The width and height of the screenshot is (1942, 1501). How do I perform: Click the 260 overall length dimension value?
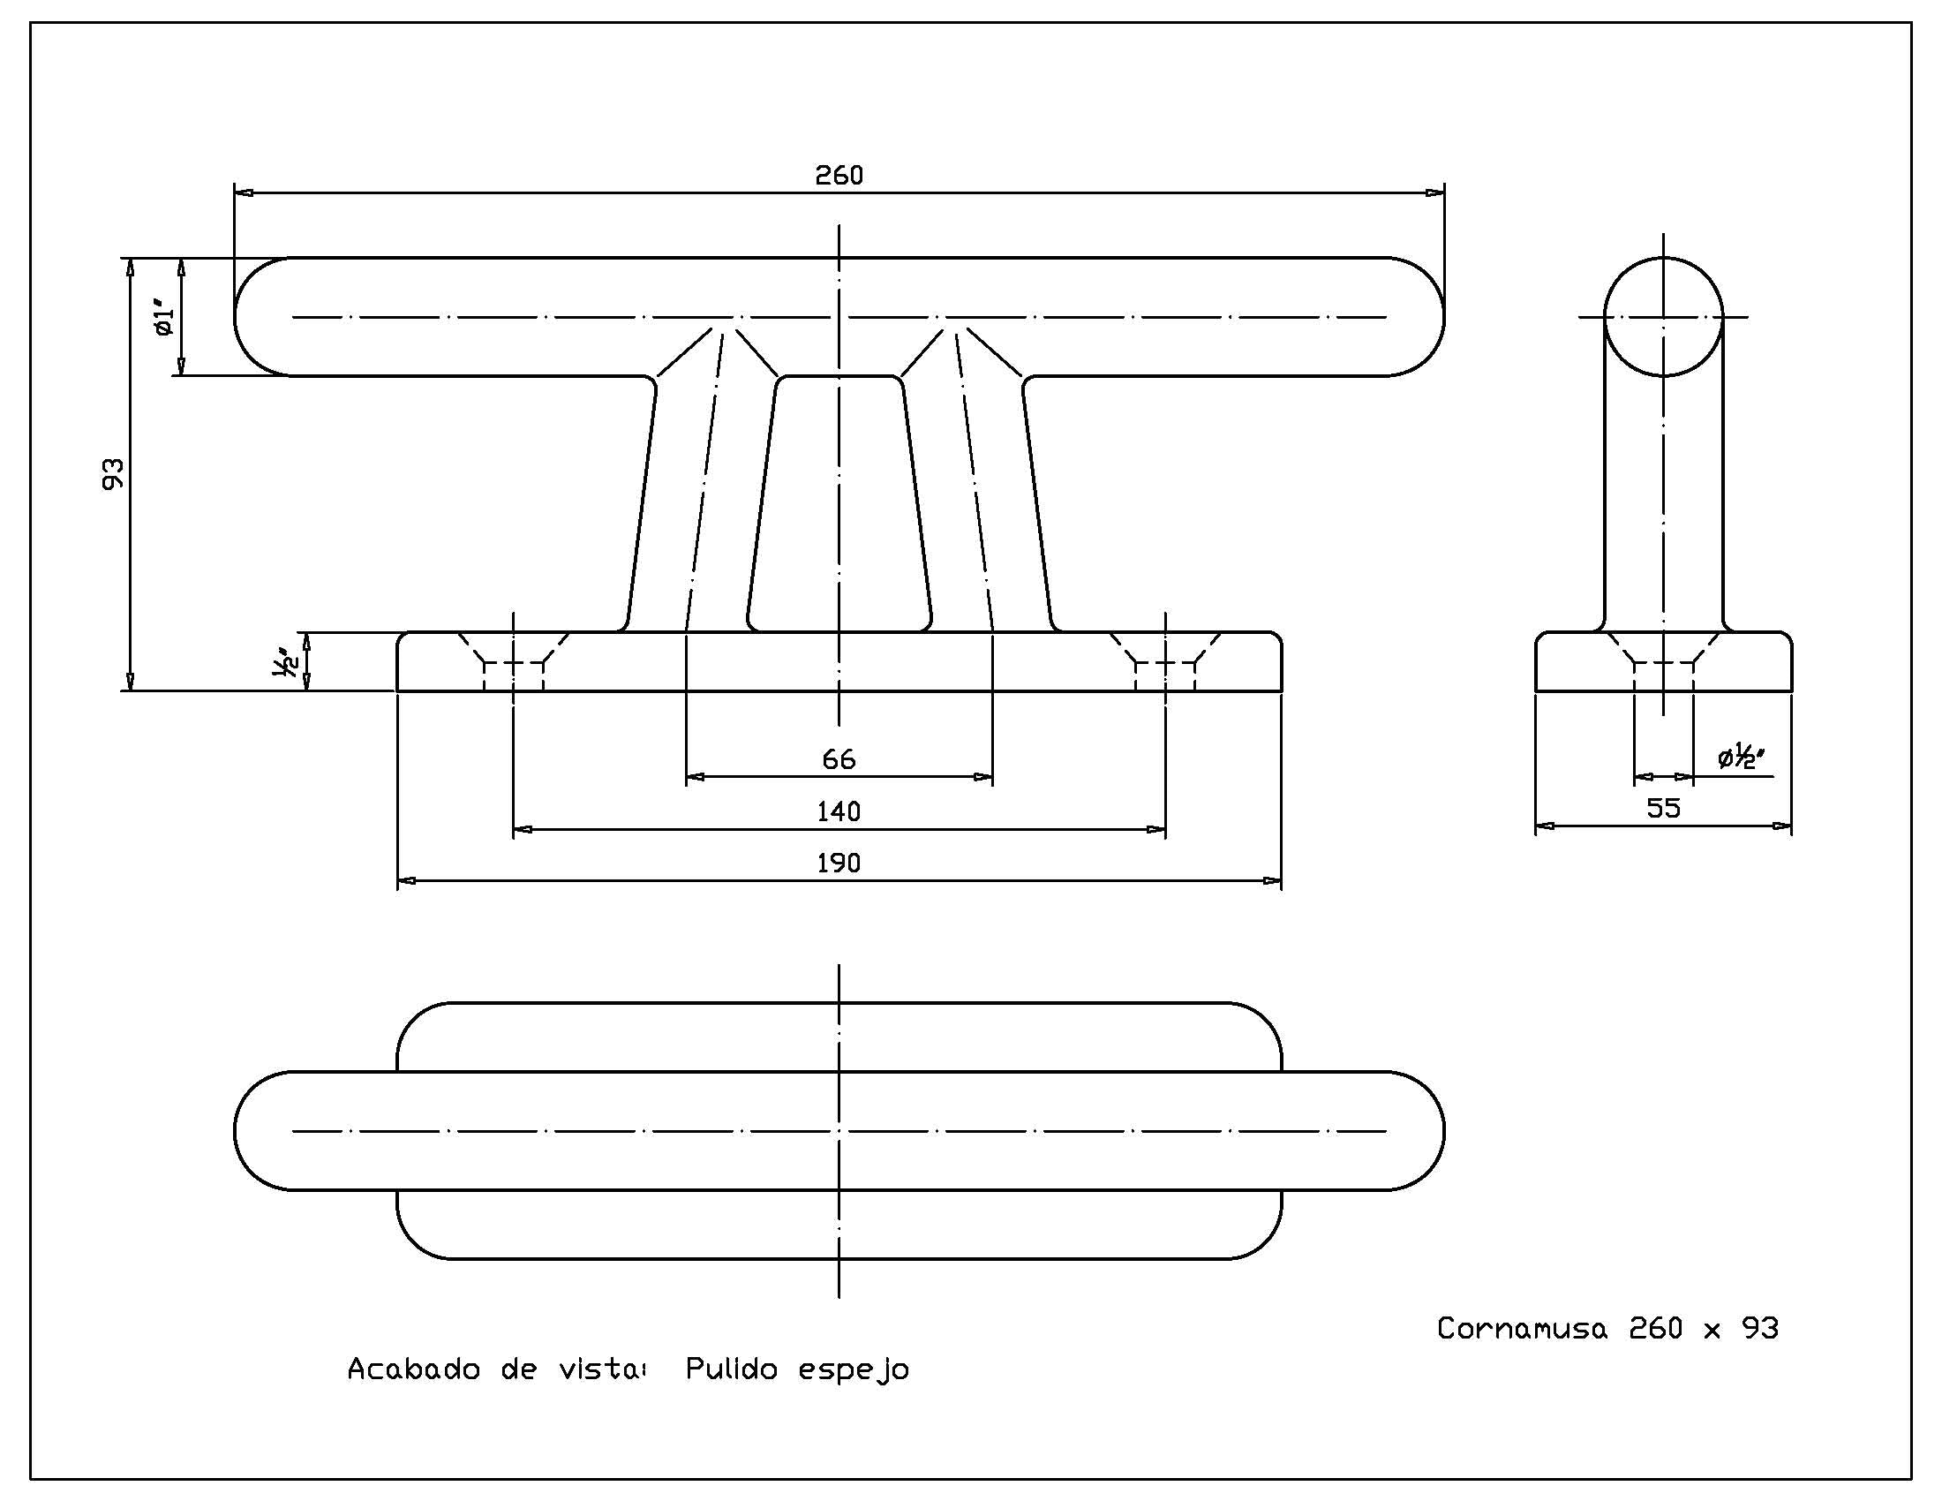point(839,175)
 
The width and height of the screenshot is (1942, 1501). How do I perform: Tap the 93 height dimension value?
point(114,474)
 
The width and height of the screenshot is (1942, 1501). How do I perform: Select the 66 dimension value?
point(839,759)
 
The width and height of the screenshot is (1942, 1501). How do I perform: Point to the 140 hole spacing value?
point(839,811)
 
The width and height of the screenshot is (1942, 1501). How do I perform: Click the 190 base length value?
point(839,863)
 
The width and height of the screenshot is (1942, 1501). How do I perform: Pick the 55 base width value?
point(1663,808)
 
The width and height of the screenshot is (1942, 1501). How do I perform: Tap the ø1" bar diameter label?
point(164,318)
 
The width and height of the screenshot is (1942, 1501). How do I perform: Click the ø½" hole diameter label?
point(1740,758)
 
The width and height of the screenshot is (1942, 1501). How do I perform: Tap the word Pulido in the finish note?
point(732,1369)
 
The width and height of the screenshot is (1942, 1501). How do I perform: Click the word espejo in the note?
point(854,1370)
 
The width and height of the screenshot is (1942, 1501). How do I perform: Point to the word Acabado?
point(413,1369)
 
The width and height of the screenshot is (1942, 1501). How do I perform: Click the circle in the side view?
point(1663,317)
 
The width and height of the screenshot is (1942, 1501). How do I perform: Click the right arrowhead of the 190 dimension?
point(1272,881)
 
